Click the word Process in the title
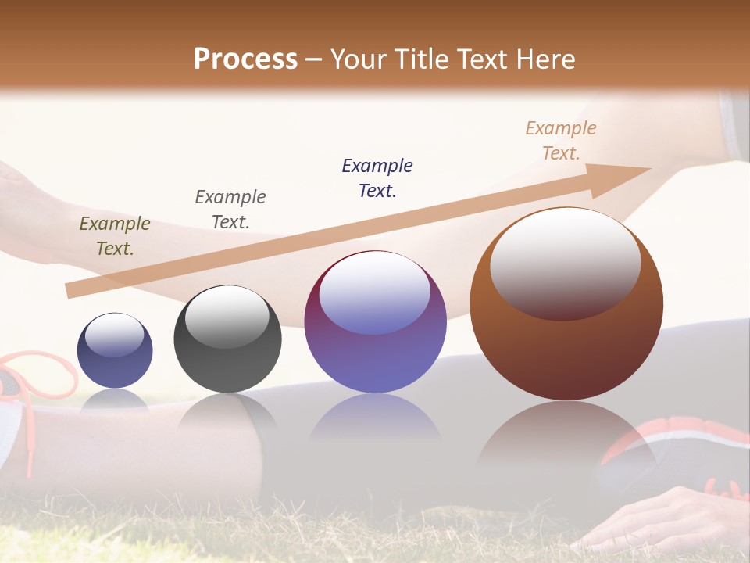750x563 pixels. (x=245, y=59)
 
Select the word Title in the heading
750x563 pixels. (x=420, y=59)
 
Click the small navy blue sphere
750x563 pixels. (x=115, y=351)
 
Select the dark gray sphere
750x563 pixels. (x=227, y=339)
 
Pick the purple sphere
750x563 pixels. (x=375, y=322)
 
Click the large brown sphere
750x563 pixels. (x=566, y=304)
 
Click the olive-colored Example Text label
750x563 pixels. (x=115, y=236)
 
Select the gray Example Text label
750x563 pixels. (x=230, y=210)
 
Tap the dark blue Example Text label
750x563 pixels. (x=377, y=178)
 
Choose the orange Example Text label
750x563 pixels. (x=560, y=141)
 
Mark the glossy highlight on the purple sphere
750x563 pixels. (x=375, y=292)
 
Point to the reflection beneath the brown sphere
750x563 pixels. (x=566, y=438)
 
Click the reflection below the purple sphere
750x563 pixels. (x=375, y=418)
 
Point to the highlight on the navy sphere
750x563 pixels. (x=115, y=335)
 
